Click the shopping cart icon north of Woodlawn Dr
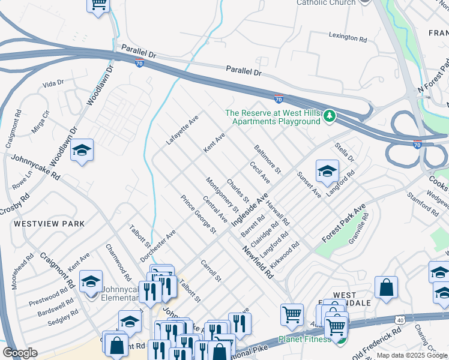(x=98, y=5)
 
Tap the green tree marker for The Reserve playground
(x=329, y=115)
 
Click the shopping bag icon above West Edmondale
(x=386, y=287)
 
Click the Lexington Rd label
(x=348, y=38)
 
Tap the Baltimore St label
(x=267, y=158)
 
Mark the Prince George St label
(x=198, y=214)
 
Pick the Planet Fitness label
(x=304, y=340)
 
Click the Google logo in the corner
(x=20, y=353)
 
